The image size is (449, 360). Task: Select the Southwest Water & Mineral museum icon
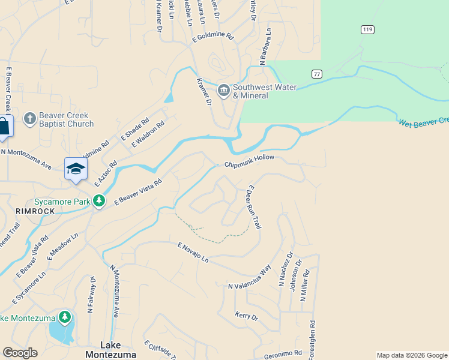[x=224, y=91]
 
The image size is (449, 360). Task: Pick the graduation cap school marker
[x=76, y=169]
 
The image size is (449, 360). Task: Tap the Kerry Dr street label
[x=246, y=316]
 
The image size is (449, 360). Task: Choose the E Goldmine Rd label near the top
[x=212, y=37]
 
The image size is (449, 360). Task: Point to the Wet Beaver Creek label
[x=423, y=122]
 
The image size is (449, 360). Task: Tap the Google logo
[x=20, y=353]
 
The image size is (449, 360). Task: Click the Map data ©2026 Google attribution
[x=411, y=355]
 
